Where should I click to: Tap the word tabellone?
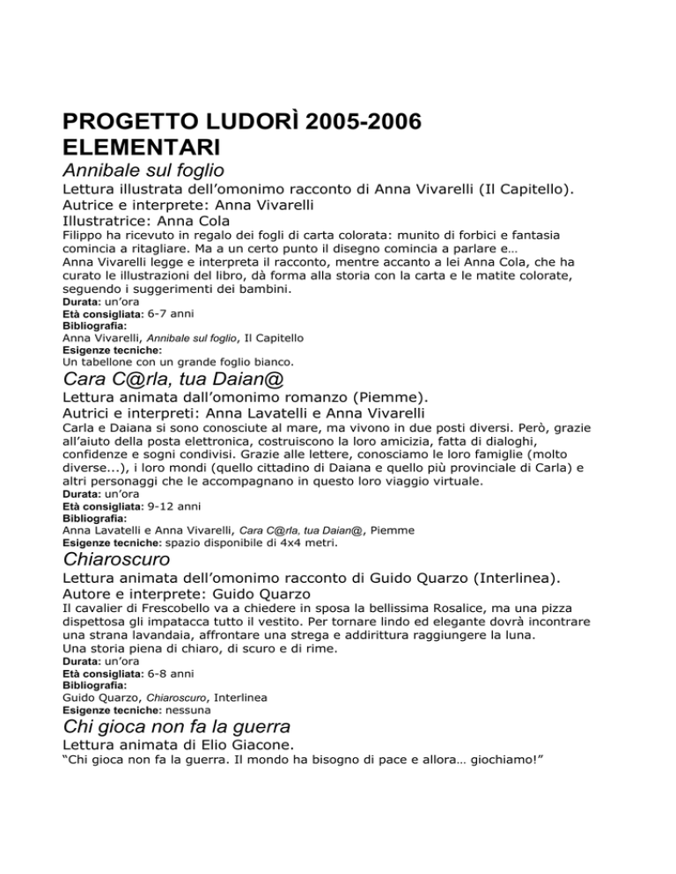[106, 361]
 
